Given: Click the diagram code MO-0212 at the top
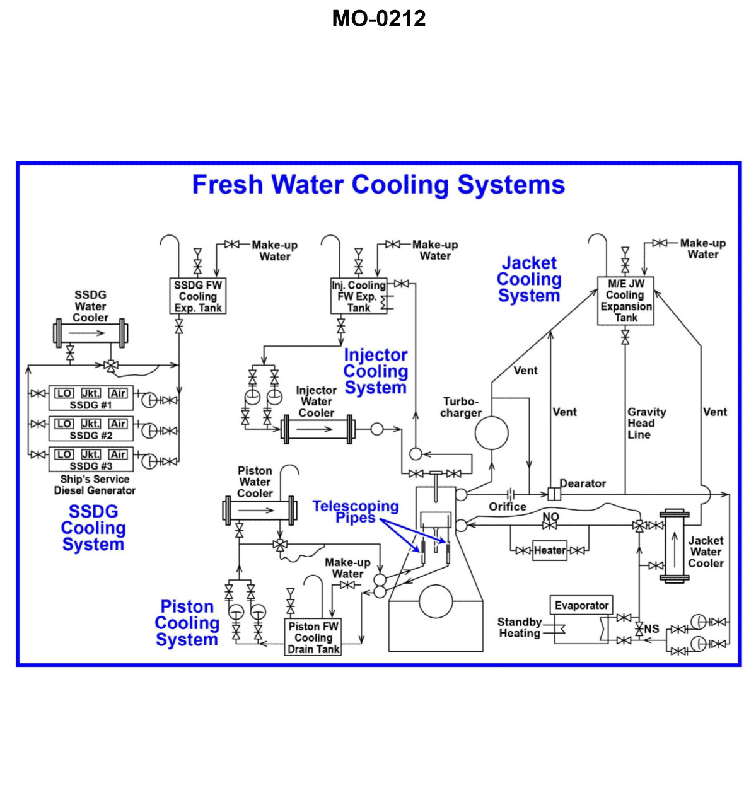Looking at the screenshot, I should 378,19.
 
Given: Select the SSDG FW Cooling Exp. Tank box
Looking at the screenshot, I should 198,296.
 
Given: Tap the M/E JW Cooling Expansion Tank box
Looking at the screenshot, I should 625,301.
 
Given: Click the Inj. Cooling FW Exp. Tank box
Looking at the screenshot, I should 359,296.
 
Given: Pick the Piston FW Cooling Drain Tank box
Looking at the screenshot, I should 313,637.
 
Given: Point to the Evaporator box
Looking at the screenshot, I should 581,606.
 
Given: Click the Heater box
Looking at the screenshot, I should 549,550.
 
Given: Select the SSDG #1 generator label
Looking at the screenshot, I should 91,405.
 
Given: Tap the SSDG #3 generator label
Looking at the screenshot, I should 91,466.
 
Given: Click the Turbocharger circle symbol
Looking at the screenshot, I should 491,432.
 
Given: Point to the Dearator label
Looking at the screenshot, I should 583,483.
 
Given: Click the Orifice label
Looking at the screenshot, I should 508,506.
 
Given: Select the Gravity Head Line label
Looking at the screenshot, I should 646,423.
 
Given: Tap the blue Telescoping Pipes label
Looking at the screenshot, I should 356,512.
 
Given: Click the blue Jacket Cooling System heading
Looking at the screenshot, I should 529,279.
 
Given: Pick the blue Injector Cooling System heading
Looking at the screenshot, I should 376,371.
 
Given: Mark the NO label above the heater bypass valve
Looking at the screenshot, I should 550,516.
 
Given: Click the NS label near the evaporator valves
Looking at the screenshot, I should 651,628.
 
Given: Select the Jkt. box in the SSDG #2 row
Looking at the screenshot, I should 91,424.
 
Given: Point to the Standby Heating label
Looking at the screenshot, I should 520,627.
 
